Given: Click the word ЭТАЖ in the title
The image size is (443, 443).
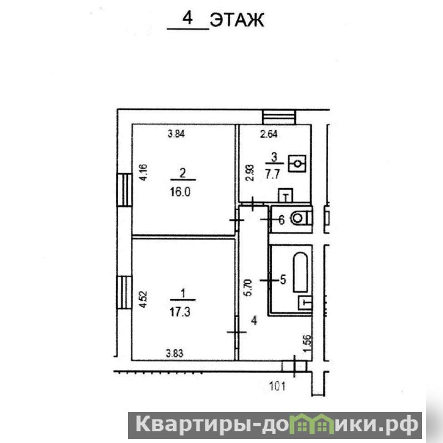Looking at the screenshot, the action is (237, 20).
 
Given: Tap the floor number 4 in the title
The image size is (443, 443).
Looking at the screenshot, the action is (187, 19).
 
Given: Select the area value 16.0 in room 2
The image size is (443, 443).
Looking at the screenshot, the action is (180, 192).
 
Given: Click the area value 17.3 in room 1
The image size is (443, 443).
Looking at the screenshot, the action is (180, 312).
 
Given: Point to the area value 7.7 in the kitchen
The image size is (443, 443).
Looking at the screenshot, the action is (272, 174).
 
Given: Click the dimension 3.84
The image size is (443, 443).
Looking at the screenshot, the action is (176, 134).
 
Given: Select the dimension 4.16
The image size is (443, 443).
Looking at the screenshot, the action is (144, 172).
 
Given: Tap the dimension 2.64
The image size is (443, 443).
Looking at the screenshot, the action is (269, 134).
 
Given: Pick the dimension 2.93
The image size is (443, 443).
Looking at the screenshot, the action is (250, 172).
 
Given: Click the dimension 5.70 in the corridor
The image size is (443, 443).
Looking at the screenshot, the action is (247, 287).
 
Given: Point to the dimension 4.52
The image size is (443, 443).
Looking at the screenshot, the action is (144, 299).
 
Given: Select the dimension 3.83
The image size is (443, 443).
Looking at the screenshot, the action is (175, 353).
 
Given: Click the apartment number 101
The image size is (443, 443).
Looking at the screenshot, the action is (277, 386).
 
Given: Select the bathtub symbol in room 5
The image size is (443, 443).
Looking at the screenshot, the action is (301, 272).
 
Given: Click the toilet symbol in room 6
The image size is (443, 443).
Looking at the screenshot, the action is (301, 218).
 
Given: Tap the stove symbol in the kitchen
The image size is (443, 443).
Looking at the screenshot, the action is (297, 164).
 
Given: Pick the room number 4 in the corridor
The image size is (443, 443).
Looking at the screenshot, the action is (254, 320).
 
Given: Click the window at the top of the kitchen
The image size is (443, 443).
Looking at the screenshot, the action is (279, 117).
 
